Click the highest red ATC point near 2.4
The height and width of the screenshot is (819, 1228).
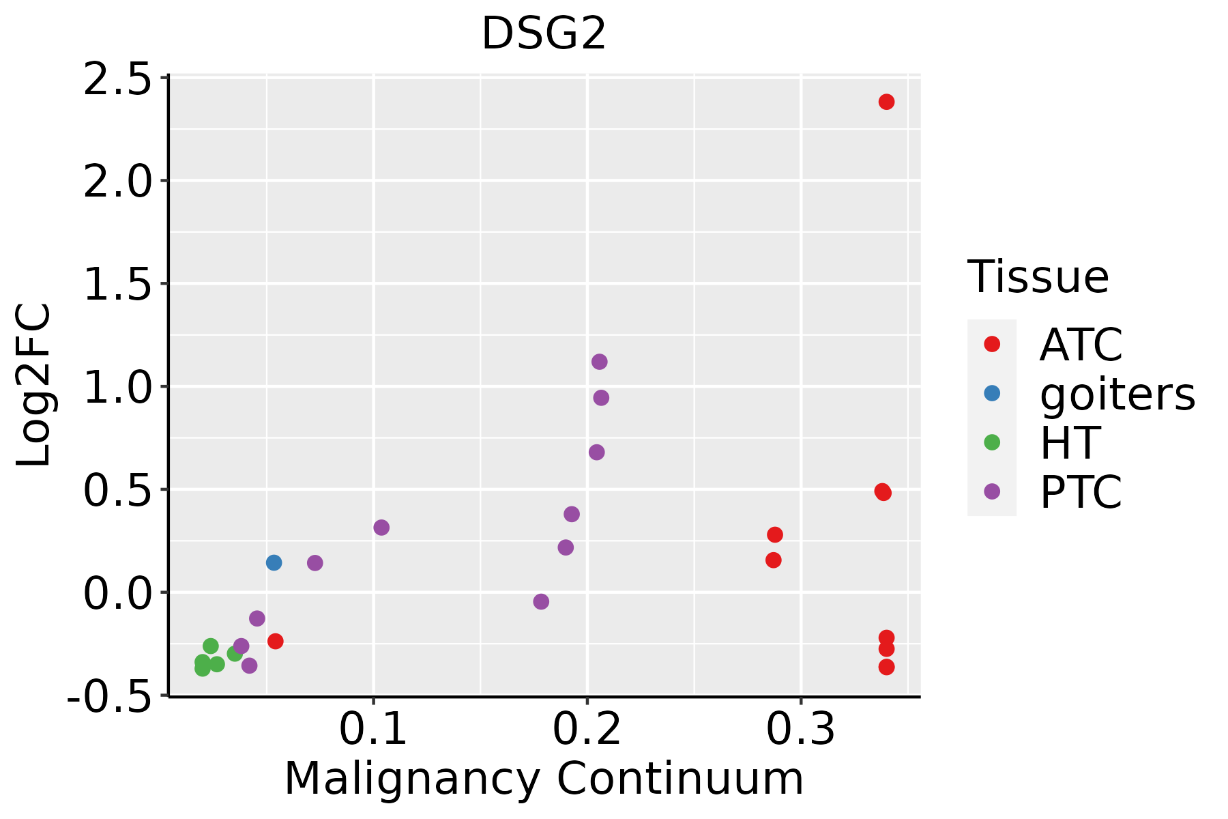886,102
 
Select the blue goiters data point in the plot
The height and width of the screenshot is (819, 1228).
274,562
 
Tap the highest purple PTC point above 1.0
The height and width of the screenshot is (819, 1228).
599,362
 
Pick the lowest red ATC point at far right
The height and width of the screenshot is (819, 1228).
886,667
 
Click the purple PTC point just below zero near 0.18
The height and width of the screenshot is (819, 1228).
541,601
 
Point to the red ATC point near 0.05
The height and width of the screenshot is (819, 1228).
275,641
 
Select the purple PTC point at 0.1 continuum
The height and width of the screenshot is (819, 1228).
381,528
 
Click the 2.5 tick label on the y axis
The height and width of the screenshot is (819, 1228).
117,79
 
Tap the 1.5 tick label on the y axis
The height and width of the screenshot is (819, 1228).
117,285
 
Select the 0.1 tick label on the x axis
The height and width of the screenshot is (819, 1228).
372,730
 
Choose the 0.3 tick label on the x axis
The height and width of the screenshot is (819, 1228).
800,730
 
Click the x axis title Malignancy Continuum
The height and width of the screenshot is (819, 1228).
544,779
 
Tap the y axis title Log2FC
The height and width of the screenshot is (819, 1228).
34,386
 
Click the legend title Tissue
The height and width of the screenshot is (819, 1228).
1038,277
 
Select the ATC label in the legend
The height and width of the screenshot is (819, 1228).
1081,345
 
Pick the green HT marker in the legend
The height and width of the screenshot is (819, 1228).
992,442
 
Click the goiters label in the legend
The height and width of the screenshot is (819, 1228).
1117,394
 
